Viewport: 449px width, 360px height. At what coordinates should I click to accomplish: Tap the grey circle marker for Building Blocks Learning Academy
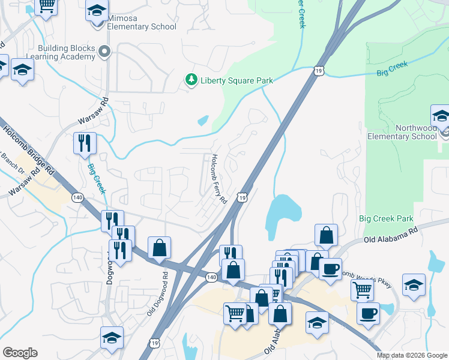tap(105, 52)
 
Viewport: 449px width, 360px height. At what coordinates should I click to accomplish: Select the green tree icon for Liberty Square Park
tap(191, 80)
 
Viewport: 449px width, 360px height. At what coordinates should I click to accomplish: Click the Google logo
tap(20, 352)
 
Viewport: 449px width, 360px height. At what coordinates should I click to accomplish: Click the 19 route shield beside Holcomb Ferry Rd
tap(242, 197)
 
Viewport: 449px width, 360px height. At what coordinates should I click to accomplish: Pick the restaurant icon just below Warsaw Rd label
tap(84, 143)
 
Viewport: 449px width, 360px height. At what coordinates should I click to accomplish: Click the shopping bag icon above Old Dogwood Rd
tap(160, 247)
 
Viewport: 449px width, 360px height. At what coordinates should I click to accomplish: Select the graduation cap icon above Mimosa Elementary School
tap(97, 11)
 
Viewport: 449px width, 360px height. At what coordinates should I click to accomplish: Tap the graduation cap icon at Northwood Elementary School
tap(441, 116)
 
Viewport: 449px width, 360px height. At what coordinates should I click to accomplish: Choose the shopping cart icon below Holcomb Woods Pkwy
tap(363, 289)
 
